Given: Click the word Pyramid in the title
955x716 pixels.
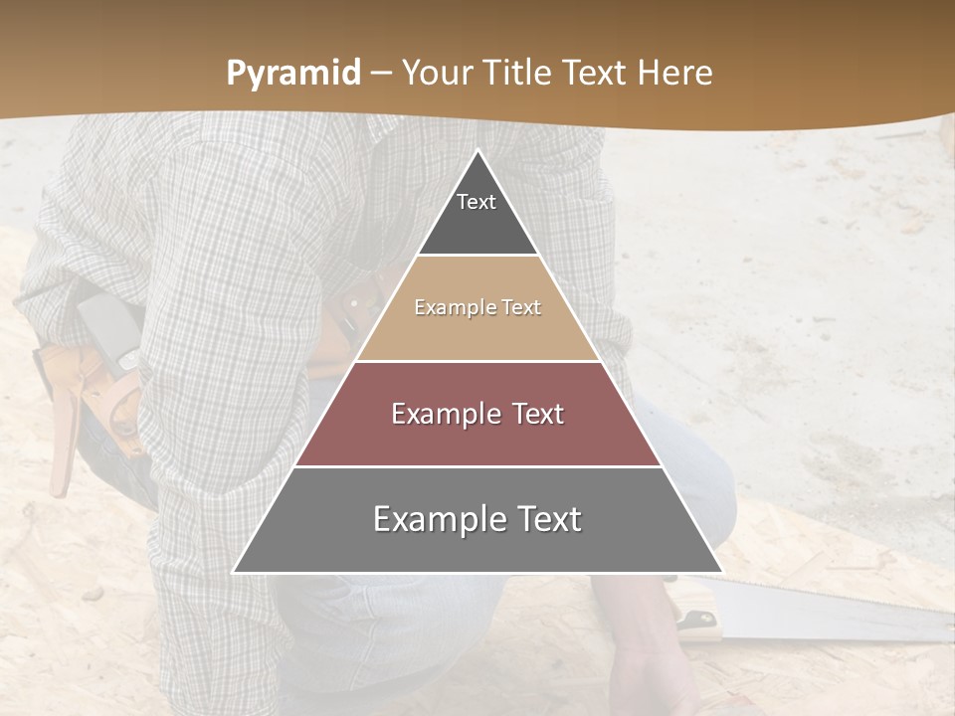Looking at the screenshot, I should click(293, 74).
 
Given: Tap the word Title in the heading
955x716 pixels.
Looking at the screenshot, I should click(519, 74).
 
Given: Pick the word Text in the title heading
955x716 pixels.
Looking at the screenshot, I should click(597, 74).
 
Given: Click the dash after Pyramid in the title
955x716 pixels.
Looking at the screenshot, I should click(380, 75).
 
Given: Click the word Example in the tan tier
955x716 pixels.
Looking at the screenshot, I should click(447, 307).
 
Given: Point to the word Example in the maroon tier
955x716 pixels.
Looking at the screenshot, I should click(435, 414).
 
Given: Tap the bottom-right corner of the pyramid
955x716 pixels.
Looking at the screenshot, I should click(721, 572).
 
